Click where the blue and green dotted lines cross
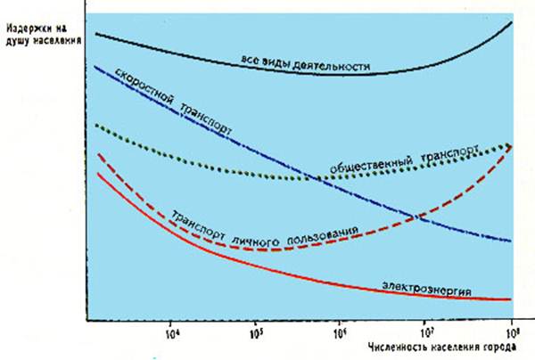pyautogui.click(x=315, y=176)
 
